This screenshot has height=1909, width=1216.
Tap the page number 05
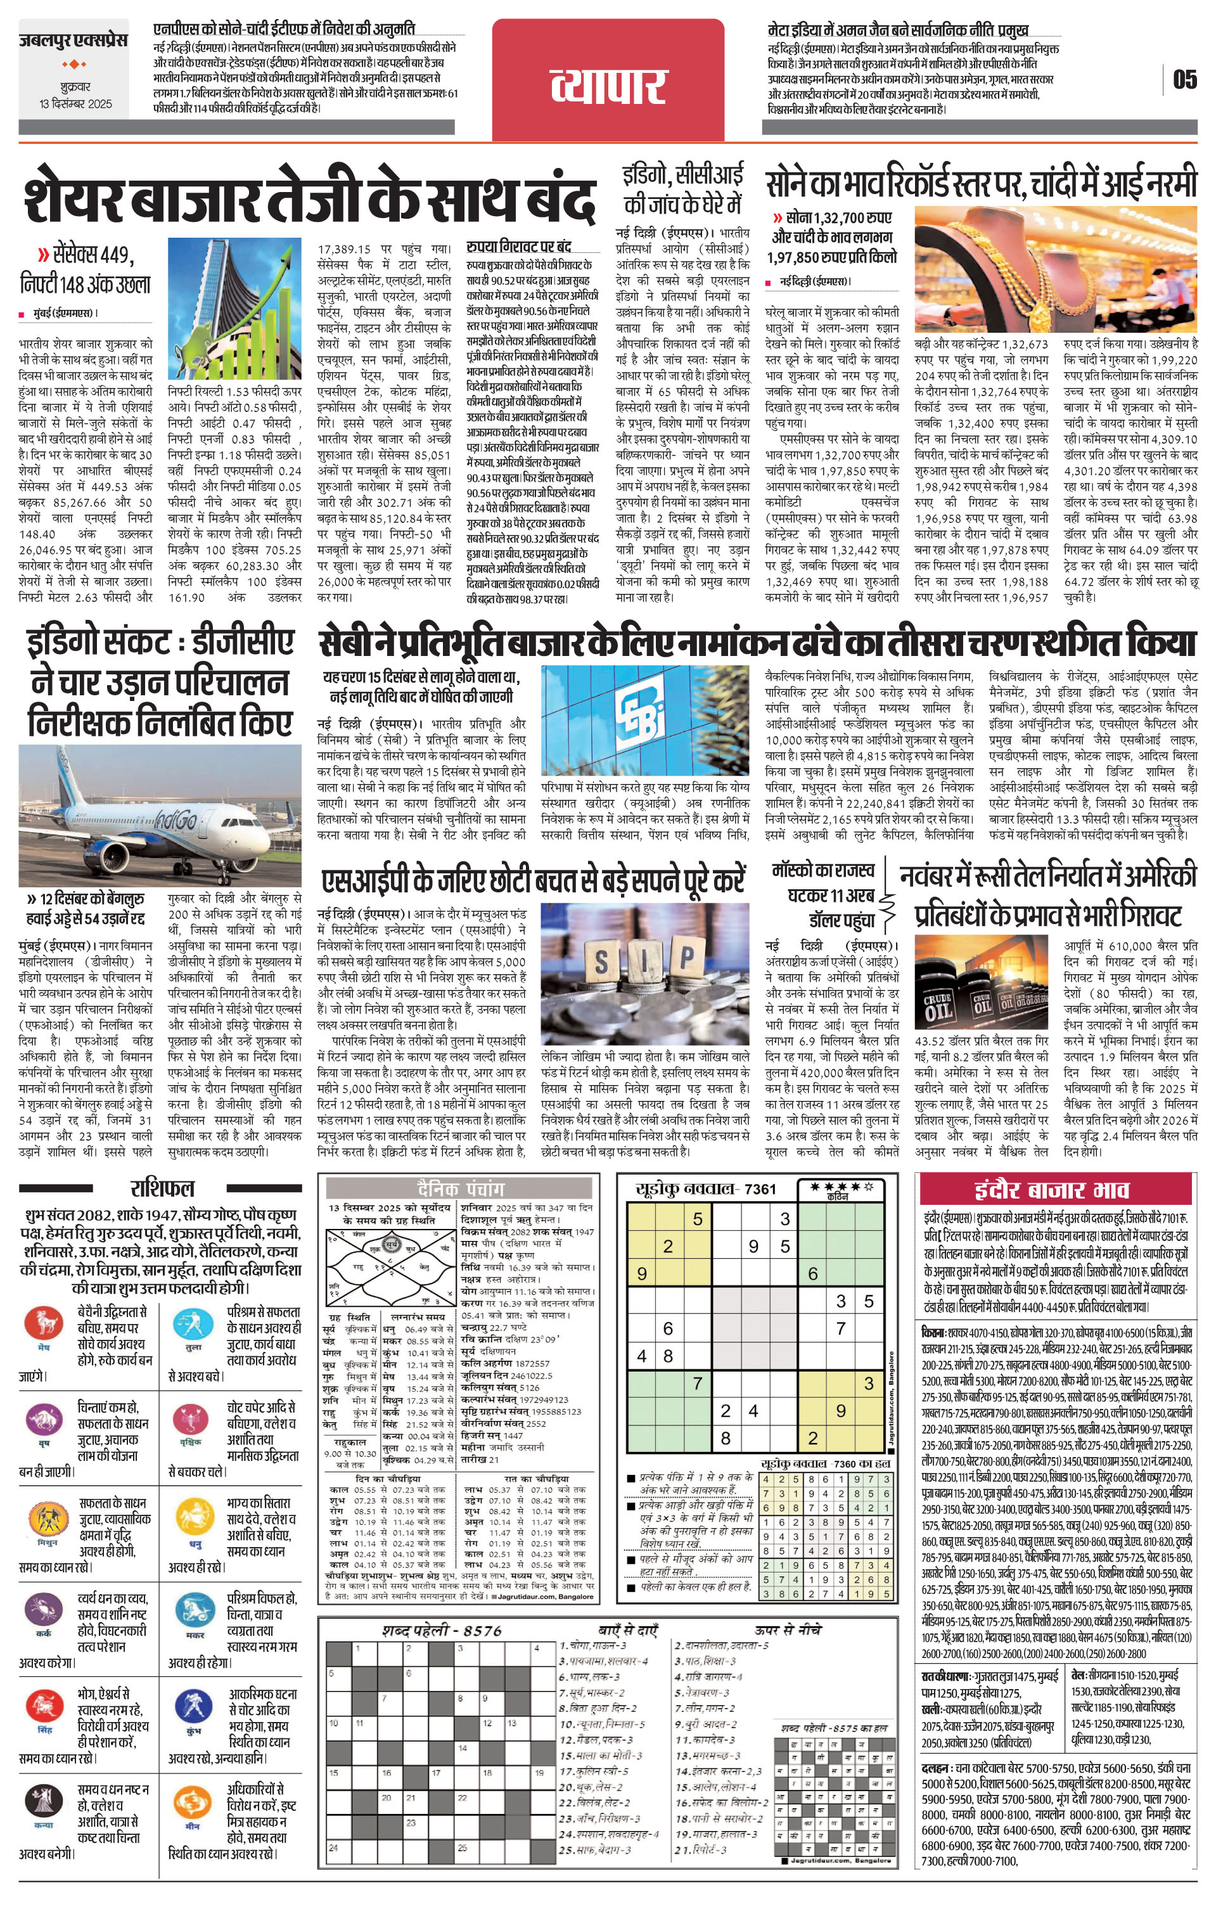[1185, 79]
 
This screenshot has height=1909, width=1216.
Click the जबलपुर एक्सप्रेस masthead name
[73, 41]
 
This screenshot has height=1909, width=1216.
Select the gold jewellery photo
[1055, 269]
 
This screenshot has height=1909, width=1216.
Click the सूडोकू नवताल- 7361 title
[707, 1188]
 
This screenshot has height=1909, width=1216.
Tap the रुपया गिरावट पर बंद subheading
[518, 247]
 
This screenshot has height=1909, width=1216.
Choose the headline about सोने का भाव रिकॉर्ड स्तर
[980, 184]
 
